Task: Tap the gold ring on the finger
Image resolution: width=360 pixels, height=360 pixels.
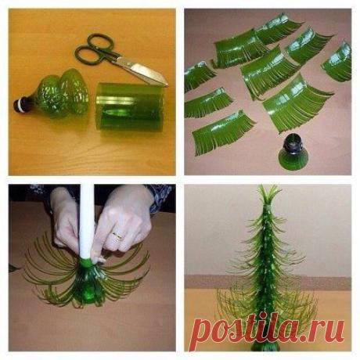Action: click(x=117, y=236)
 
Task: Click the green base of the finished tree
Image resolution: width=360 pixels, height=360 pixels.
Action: click(x=265, y=346)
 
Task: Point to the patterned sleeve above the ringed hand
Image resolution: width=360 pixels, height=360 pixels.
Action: click(x=160, y=196)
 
